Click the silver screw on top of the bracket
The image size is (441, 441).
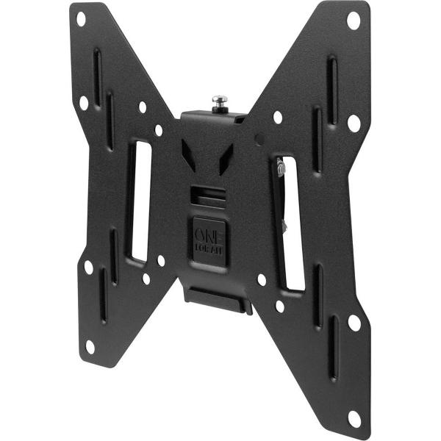(218, 99)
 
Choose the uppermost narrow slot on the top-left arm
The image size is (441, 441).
(97, 70)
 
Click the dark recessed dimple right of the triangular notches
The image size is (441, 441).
(257, 137)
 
